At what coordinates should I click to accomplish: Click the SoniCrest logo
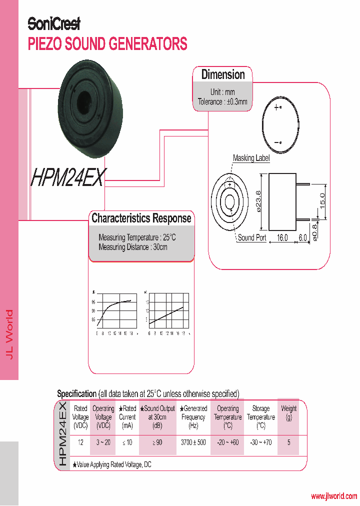click(53, 23)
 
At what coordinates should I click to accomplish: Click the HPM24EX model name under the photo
click(69, 178)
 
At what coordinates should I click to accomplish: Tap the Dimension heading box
click(223, 75)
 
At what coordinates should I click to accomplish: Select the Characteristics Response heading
click(141, 218)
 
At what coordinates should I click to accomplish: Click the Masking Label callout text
click(251, 158)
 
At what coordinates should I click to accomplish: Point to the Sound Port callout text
click(251, 238)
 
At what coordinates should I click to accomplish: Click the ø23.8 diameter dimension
click(258, 200)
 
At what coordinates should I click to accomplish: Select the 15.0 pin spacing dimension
click(322, 200)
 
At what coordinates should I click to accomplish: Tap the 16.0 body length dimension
click(282, 238)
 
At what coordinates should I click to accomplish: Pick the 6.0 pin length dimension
click(303, 238)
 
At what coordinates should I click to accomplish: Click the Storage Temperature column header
click(260, 416)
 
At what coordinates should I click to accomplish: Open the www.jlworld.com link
click(334, 496)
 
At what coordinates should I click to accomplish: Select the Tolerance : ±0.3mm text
click(222, 102)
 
